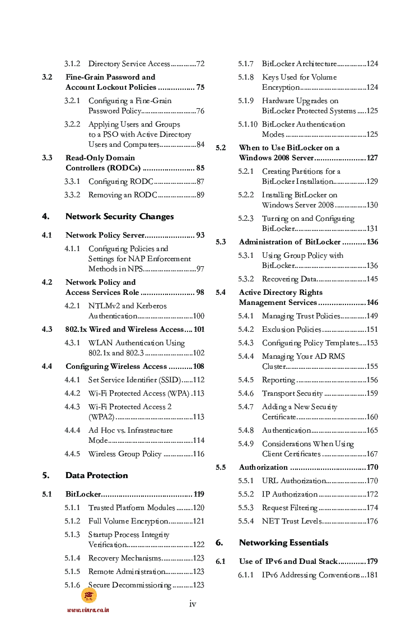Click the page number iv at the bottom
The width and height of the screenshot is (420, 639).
(193, 604)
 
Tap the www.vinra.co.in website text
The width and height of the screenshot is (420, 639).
(88, 610)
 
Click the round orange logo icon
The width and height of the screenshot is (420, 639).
(89, 595)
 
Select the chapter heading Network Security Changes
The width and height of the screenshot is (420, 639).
(119, 216)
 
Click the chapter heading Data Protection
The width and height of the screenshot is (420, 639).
(96, 475)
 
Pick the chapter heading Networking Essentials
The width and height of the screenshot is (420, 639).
(283, 543)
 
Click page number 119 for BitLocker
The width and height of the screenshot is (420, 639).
(198, 494)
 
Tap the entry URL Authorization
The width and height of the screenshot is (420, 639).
(293, 481)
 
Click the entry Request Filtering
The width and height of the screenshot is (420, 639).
(290, 508)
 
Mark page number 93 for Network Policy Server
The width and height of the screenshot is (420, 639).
(200, 235)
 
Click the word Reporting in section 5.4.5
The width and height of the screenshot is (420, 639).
(278, 380)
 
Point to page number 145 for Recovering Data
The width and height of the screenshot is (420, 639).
(372, 279)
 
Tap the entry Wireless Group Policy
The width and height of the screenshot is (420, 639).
(124, 454)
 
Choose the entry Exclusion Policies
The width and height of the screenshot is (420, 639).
(291, 330)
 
